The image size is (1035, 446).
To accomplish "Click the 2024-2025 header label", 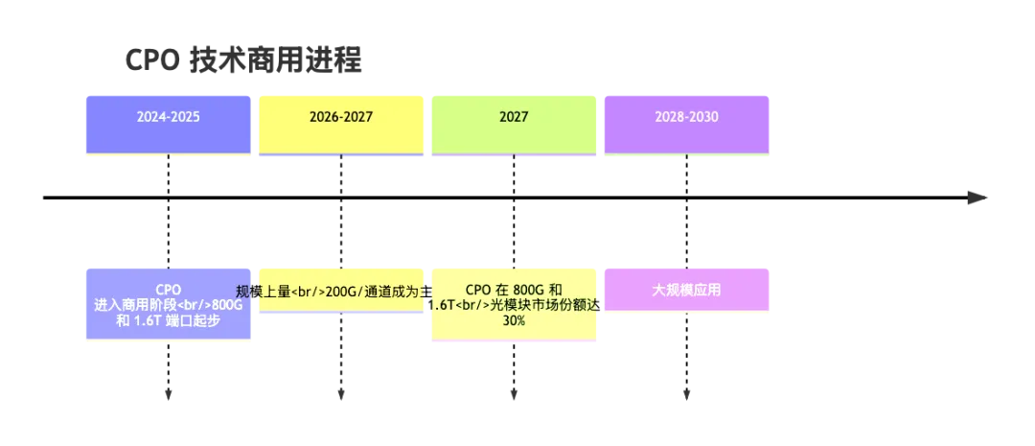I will pos(168,117).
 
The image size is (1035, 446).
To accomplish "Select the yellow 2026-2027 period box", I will pos(341,123).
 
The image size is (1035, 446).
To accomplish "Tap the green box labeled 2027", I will pos(514,123).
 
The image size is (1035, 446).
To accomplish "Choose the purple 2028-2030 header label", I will pos(686,117).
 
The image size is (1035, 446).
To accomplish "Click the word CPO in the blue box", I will pos(169,289).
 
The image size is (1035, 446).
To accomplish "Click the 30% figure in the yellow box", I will pos(514,321).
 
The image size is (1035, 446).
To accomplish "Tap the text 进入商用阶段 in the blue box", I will pos(130,305).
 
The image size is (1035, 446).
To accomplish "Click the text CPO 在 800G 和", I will pos(514,289).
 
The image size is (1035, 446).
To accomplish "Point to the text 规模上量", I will pos(263,292).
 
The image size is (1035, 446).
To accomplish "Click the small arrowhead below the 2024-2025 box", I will pos(169,156).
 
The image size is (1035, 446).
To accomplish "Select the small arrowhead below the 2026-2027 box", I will pos(341,156).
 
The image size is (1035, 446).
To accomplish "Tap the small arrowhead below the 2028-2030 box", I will pos(686,156).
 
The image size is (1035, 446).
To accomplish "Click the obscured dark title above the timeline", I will pos(245,59).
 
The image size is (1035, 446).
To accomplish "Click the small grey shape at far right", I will pos(977,198).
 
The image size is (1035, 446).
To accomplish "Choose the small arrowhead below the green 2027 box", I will pos(514,156).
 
